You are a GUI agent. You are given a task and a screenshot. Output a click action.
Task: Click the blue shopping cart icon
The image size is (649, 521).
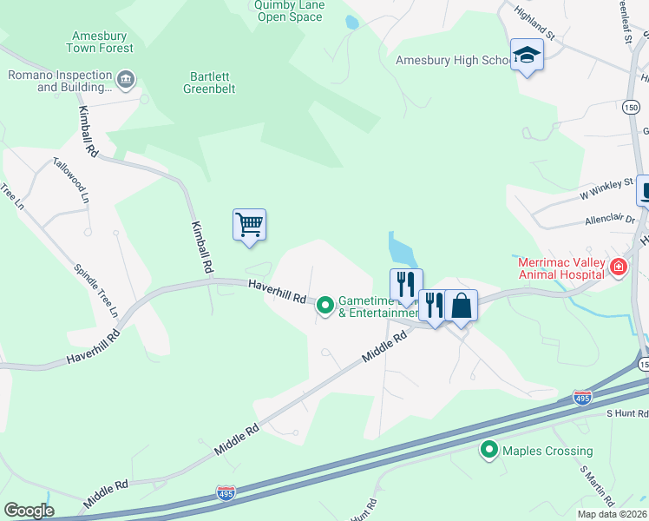(249, 225)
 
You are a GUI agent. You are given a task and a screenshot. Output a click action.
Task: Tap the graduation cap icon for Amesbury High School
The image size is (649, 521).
(526, 56)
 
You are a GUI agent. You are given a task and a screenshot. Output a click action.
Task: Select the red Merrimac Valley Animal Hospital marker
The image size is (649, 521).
(619, 267)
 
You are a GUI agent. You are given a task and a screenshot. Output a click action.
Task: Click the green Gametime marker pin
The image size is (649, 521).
(325, 305)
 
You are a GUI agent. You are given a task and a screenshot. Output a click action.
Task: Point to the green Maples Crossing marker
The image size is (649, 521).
(489, 450)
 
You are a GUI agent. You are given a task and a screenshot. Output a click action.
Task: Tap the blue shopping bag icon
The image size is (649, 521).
(462, 306)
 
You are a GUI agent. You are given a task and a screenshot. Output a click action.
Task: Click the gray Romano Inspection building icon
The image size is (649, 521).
(126, 80)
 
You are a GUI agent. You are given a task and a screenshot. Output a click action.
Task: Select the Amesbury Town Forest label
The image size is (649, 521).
(98, 42)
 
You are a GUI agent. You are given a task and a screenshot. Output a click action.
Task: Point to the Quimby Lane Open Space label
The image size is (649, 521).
(288, 10)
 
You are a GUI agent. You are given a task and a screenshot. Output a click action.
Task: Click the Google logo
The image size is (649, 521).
(29, 511)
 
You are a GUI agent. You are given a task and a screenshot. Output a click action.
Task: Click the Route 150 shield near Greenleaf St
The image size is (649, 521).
(631, 107)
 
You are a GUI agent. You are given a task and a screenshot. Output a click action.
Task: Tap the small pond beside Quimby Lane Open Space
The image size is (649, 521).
(351, 23)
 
